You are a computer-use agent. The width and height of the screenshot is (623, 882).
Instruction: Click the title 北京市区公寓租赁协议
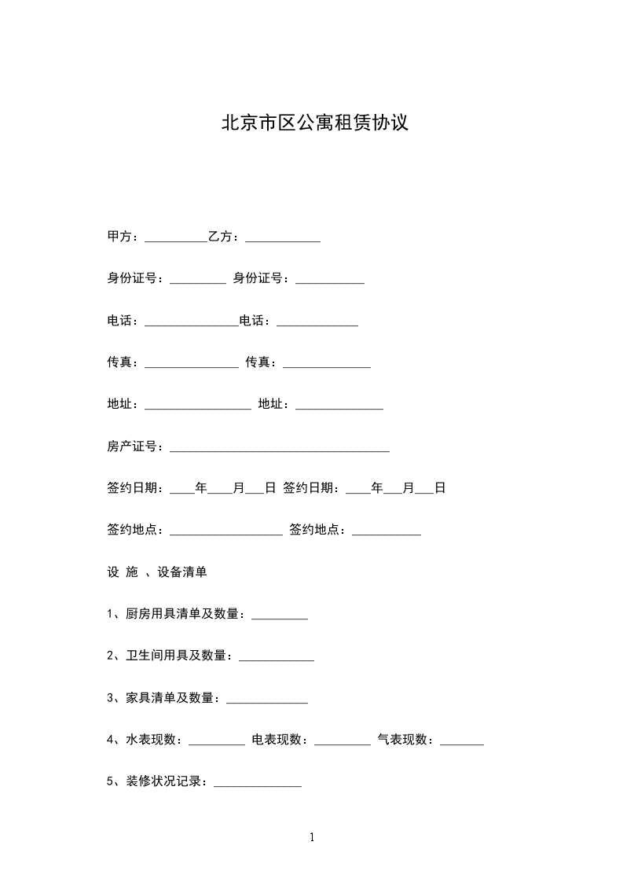314,123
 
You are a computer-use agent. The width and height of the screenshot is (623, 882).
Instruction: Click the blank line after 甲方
176,237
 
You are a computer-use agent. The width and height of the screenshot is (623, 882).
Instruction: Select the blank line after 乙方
283,237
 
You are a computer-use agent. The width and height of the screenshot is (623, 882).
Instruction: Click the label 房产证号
134,447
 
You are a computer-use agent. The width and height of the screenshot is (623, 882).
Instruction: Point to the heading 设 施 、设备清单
156,572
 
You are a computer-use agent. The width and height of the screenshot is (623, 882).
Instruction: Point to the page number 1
312,837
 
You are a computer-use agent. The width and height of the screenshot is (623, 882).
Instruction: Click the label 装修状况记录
166,782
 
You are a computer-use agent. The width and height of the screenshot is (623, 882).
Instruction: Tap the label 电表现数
279,740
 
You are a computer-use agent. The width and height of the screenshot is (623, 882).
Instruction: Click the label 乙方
224,236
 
